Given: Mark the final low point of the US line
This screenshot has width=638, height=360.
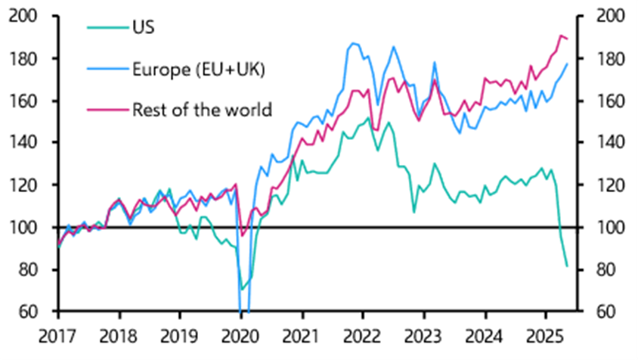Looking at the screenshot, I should [567, 265].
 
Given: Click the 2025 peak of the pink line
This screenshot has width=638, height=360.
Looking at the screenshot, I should [561, 36].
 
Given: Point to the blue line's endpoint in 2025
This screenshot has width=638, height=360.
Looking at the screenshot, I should [567, 64].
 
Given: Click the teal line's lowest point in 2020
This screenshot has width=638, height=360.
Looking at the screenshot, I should [243, 290].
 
